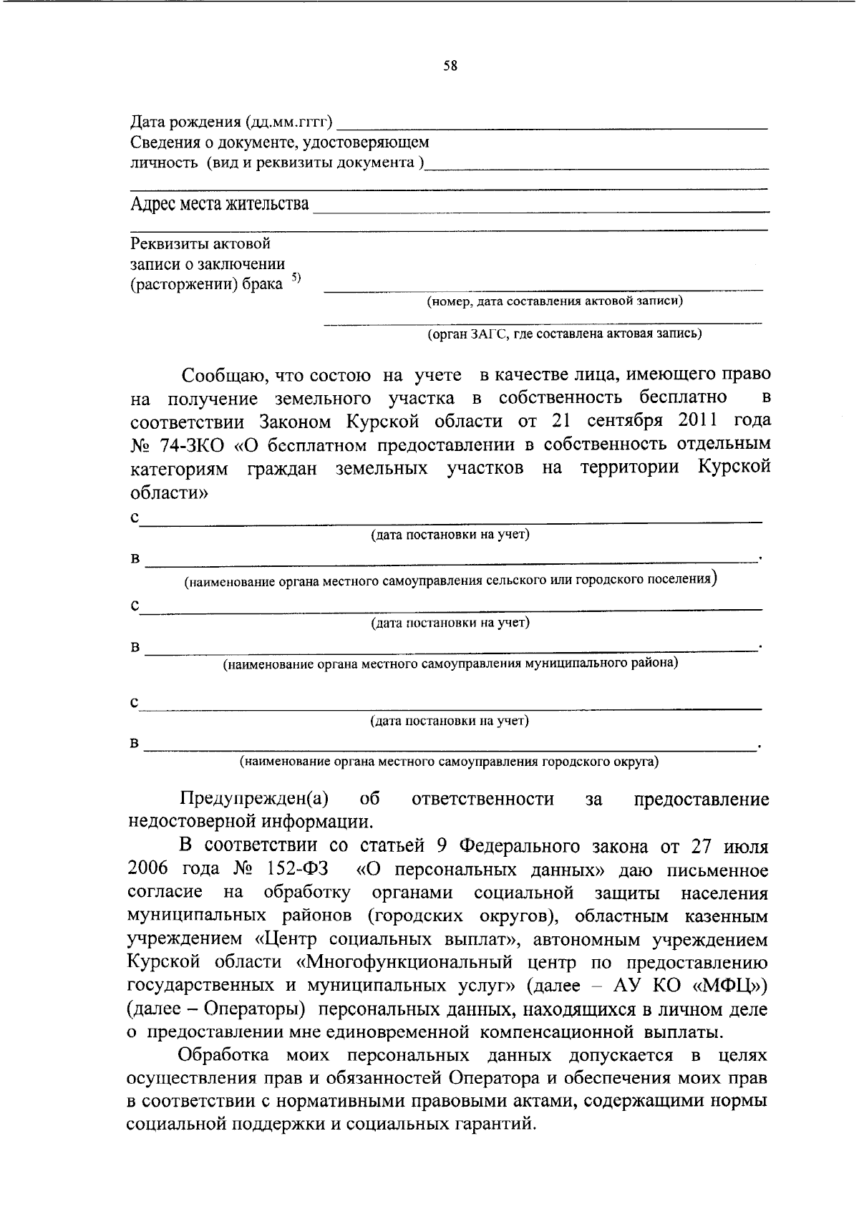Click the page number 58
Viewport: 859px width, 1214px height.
tap(450, 66)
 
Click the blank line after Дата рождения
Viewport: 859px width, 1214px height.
tap(551, 126)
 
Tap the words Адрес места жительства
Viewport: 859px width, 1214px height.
tap(220, 205)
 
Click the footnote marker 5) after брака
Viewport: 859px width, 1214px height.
tap(296, 279)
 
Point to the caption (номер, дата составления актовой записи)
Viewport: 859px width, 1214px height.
tap(555, 301)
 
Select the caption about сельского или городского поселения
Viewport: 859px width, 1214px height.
tap(451, 581)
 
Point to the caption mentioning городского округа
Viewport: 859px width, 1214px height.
tap(450, 762)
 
